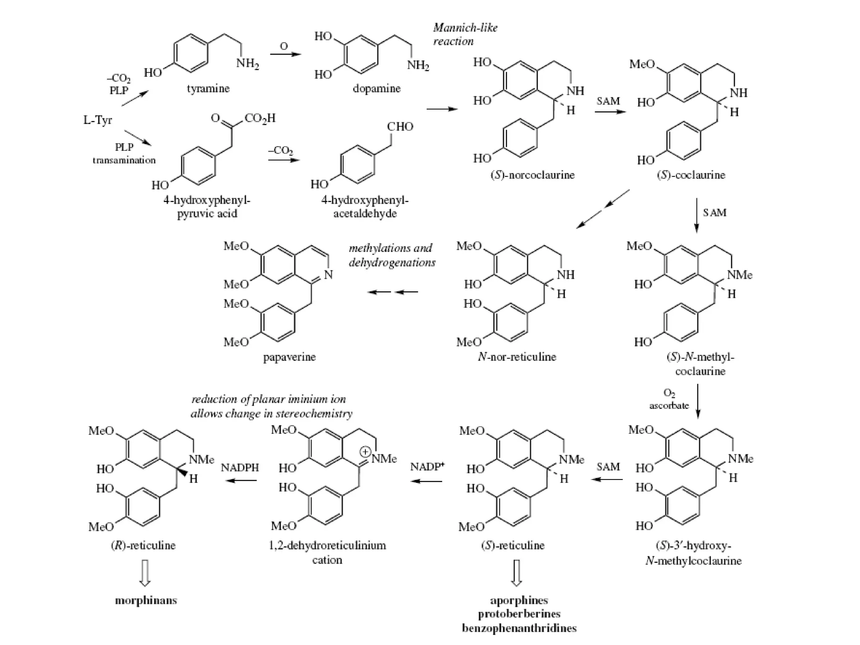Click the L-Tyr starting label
(x=97, y=120)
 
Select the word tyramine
(x=208, y=89)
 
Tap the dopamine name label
(x=377, y=89)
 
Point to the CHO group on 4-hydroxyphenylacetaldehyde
(x=400, y=126)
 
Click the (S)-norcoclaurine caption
(x=532, y=175)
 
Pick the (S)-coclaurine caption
(x=691, y=175)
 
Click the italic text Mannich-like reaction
(x=465, y=34)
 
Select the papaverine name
(x=289, y=357)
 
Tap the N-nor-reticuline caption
(x=517, y=357)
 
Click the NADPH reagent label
(x=240, y=468)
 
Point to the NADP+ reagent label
(x=427, y=467)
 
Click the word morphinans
(x=146, y=600)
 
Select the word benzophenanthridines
(x=519, y=628)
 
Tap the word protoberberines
(x=519, y=614)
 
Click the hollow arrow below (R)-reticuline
(x=145, y=573)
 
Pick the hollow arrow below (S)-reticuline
(x=517, y=573)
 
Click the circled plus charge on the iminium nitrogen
(x=366, y=452)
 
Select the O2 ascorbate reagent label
(x=669, y=399)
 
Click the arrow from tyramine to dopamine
(x=286, y=54)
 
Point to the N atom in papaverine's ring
(x=328, y=275)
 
